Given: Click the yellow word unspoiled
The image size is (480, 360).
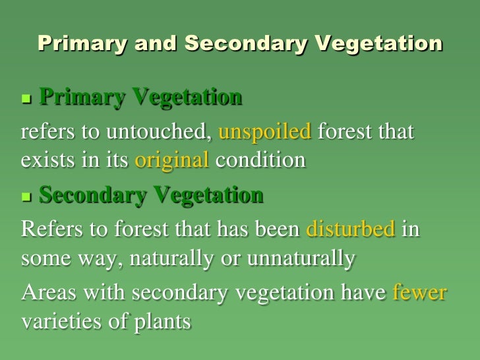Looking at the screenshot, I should coord(264,133).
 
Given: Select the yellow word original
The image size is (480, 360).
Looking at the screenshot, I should coord(172,161).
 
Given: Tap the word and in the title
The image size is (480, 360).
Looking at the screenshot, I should coord(156,44).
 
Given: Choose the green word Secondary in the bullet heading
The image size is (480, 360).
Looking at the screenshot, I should coord(94,195).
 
